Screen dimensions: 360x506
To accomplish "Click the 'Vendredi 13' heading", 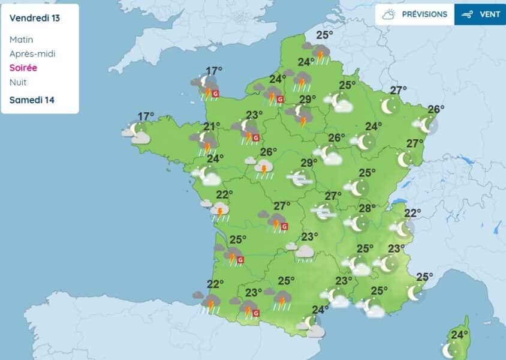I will point(35,18).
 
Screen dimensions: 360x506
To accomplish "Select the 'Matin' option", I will point(22,40).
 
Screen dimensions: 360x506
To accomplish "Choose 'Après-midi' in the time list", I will point(32,54).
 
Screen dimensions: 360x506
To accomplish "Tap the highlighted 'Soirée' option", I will point(23,68).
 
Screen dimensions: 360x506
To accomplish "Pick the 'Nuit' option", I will point(18,83).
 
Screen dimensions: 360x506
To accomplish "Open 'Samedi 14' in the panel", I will point(32,100).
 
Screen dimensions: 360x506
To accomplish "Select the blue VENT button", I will point(480,14).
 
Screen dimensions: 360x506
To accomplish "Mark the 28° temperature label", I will point(367,208).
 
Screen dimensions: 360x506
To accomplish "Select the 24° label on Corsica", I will point(460,335).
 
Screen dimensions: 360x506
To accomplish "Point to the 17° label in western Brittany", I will point(146,116).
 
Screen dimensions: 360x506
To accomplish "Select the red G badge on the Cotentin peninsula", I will point(216,94).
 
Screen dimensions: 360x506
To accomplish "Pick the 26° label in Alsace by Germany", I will point(436,109).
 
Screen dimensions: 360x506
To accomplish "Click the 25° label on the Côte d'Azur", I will point(424,277).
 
